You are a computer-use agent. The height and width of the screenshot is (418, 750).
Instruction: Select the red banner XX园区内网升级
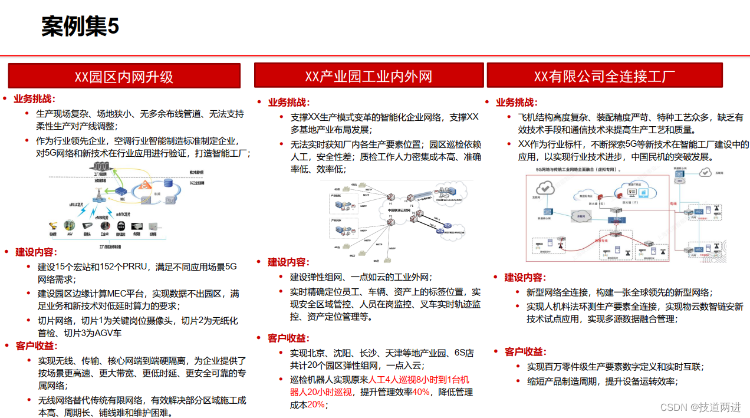(124, 77)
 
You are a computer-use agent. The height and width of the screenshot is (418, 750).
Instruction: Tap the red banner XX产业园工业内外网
(369, 76)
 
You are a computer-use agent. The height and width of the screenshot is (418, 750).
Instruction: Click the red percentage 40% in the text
(420, 392)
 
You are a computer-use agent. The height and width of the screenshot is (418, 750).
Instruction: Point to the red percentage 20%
(316, 404)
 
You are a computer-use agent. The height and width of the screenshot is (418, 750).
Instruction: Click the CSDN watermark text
(700, 407)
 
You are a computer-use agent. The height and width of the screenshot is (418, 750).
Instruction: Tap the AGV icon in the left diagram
(70, 225)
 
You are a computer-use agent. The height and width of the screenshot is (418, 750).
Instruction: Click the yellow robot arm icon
(53, 225)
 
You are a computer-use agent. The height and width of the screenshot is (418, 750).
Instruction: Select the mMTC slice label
(123, 214)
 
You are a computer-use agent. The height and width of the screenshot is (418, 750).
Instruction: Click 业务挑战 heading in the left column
(34, 99)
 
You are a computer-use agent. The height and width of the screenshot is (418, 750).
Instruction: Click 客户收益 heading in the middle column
(288, 338)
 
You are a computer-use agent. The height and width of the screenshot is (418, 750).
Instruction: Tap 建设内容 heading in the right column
(525, 277)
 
